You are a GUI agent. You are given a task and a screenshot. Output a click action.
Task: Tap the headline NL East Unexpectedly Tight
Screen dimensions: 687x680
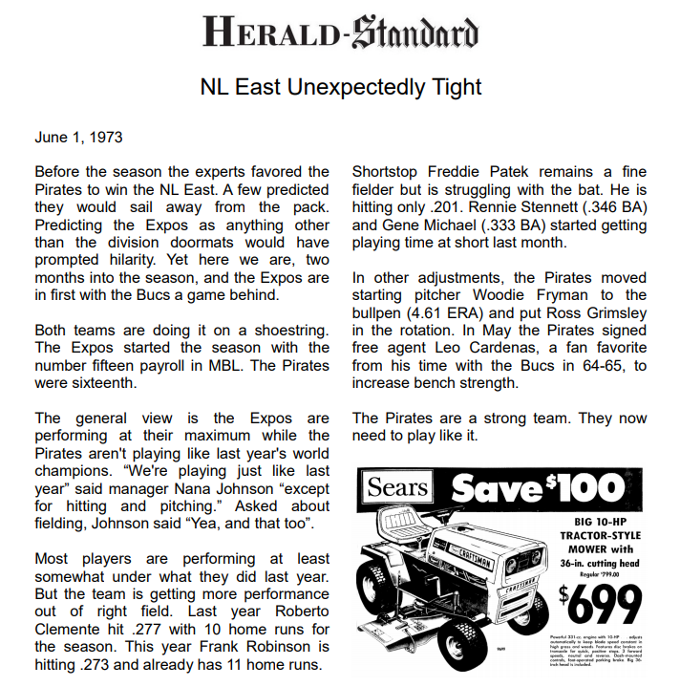pyautogui.click(x=340, y=87)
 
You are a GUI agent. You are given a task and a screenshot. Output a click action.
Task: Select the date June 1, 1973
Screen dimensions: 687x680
pyautogui.click(x=78, y=137)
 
